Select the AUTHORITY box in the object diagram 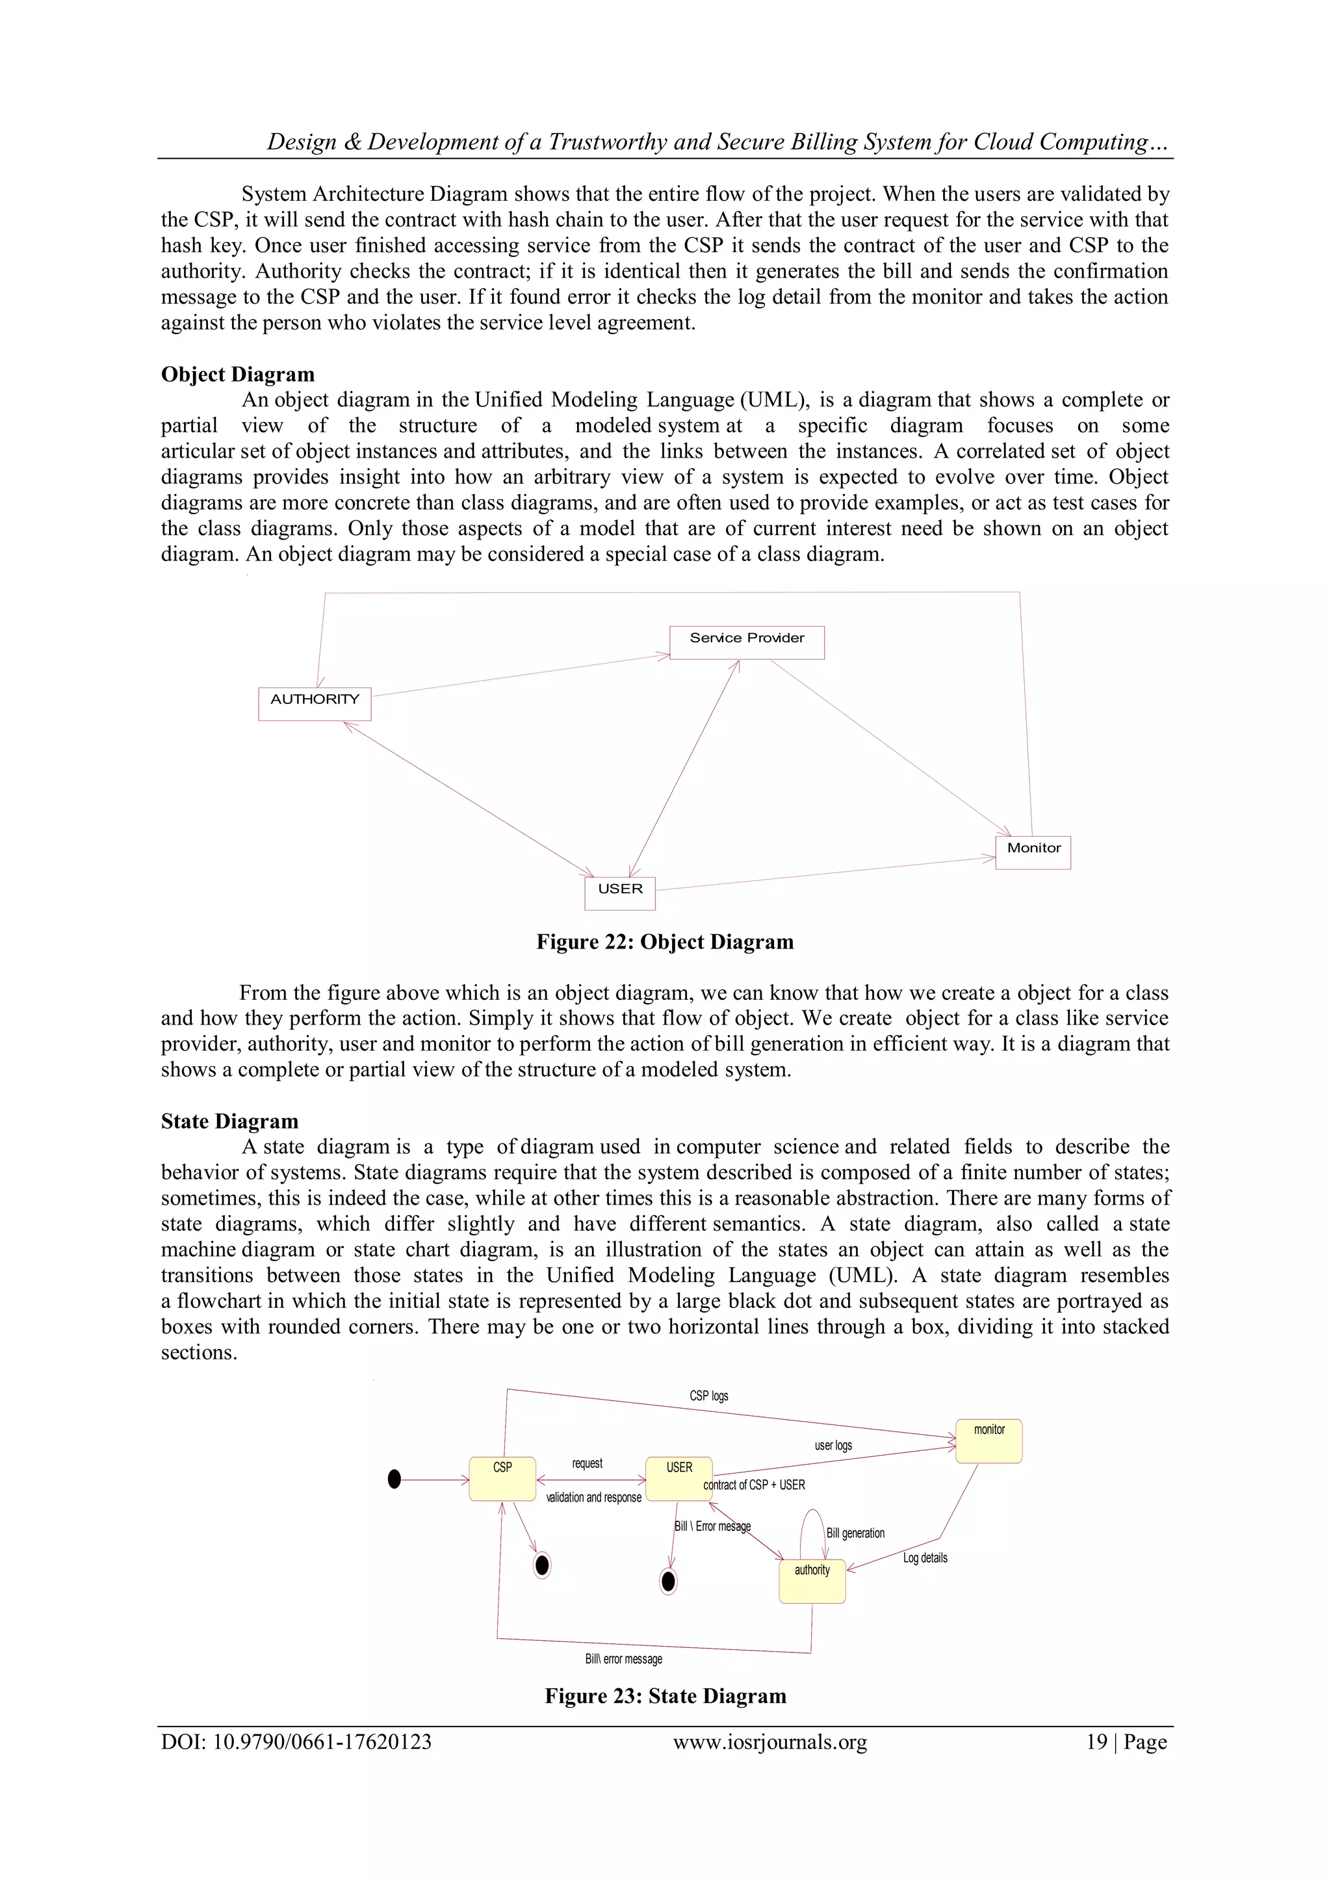tap(315, 703)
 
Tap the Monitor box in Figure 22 tap(1033, 852)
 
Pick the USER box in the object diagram tap(619, 893)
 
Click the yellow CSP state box tap(502, 1479)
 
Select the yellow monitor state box tap(989, 1441)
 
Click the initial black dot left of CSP tap(394, 1480)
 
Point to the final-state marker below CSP tap(542, 1565)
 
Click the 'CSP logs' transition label tap(708, 1396)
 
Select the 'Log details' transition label tap(925, 1558)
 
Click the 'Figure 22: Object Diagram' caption tap(665, 942)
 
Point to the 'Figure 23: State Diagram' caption tap(665, 1696)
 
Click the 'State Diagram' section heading tap(229, 1121)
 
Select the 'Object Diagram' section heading tap(238, 374)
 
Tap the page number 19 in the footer tap(1096, 1742)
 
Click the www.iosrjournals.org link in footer tap(769, 1742)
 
